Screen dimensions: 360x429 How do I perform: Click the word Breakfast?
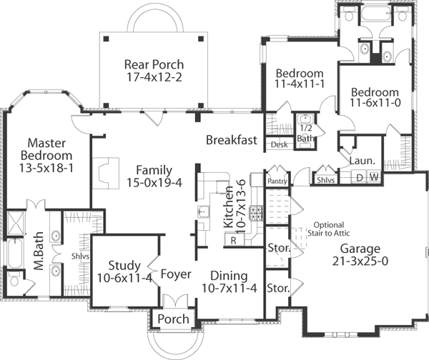pos(231,140)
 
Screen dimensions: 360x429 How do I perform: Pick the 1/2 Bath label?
pos(305,133)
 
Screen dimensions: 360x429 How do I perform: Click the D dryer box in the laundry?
pos(360,176)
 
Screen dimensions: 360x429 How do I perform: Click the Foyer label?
pos(174,274)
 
